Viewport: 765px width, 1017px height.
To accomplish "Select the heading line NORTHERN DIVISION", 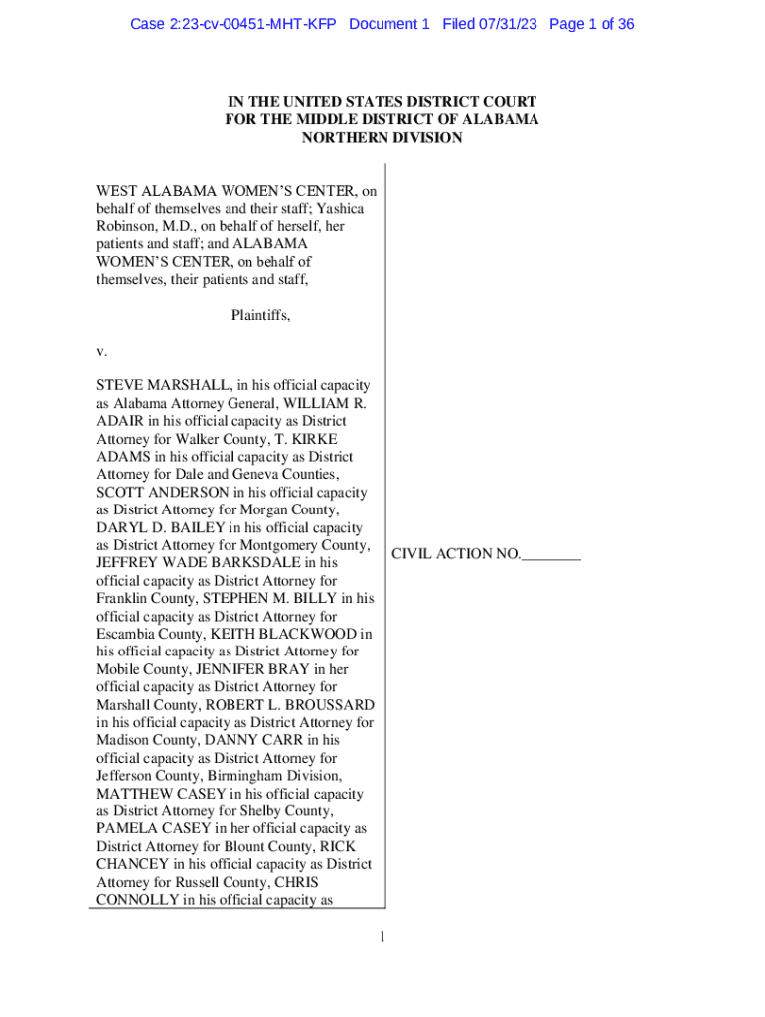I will [382, 138].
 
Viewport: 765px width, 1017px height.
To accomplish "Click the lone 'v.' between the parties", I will [101, 351].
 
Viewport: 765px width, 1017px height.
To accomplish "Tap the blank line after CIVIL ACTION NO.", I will [550, 554].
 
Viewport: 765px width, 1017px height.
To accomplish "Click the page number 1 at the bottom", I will [382, 936].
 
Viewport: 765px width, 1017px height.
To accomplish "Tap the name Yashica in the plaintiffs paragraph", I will [339, 209].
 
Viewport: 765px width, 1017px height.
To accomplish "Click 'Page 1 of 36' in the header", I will [591, 24].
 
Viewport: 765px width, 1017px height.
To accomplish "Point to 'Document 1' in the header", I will [389, 24].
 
